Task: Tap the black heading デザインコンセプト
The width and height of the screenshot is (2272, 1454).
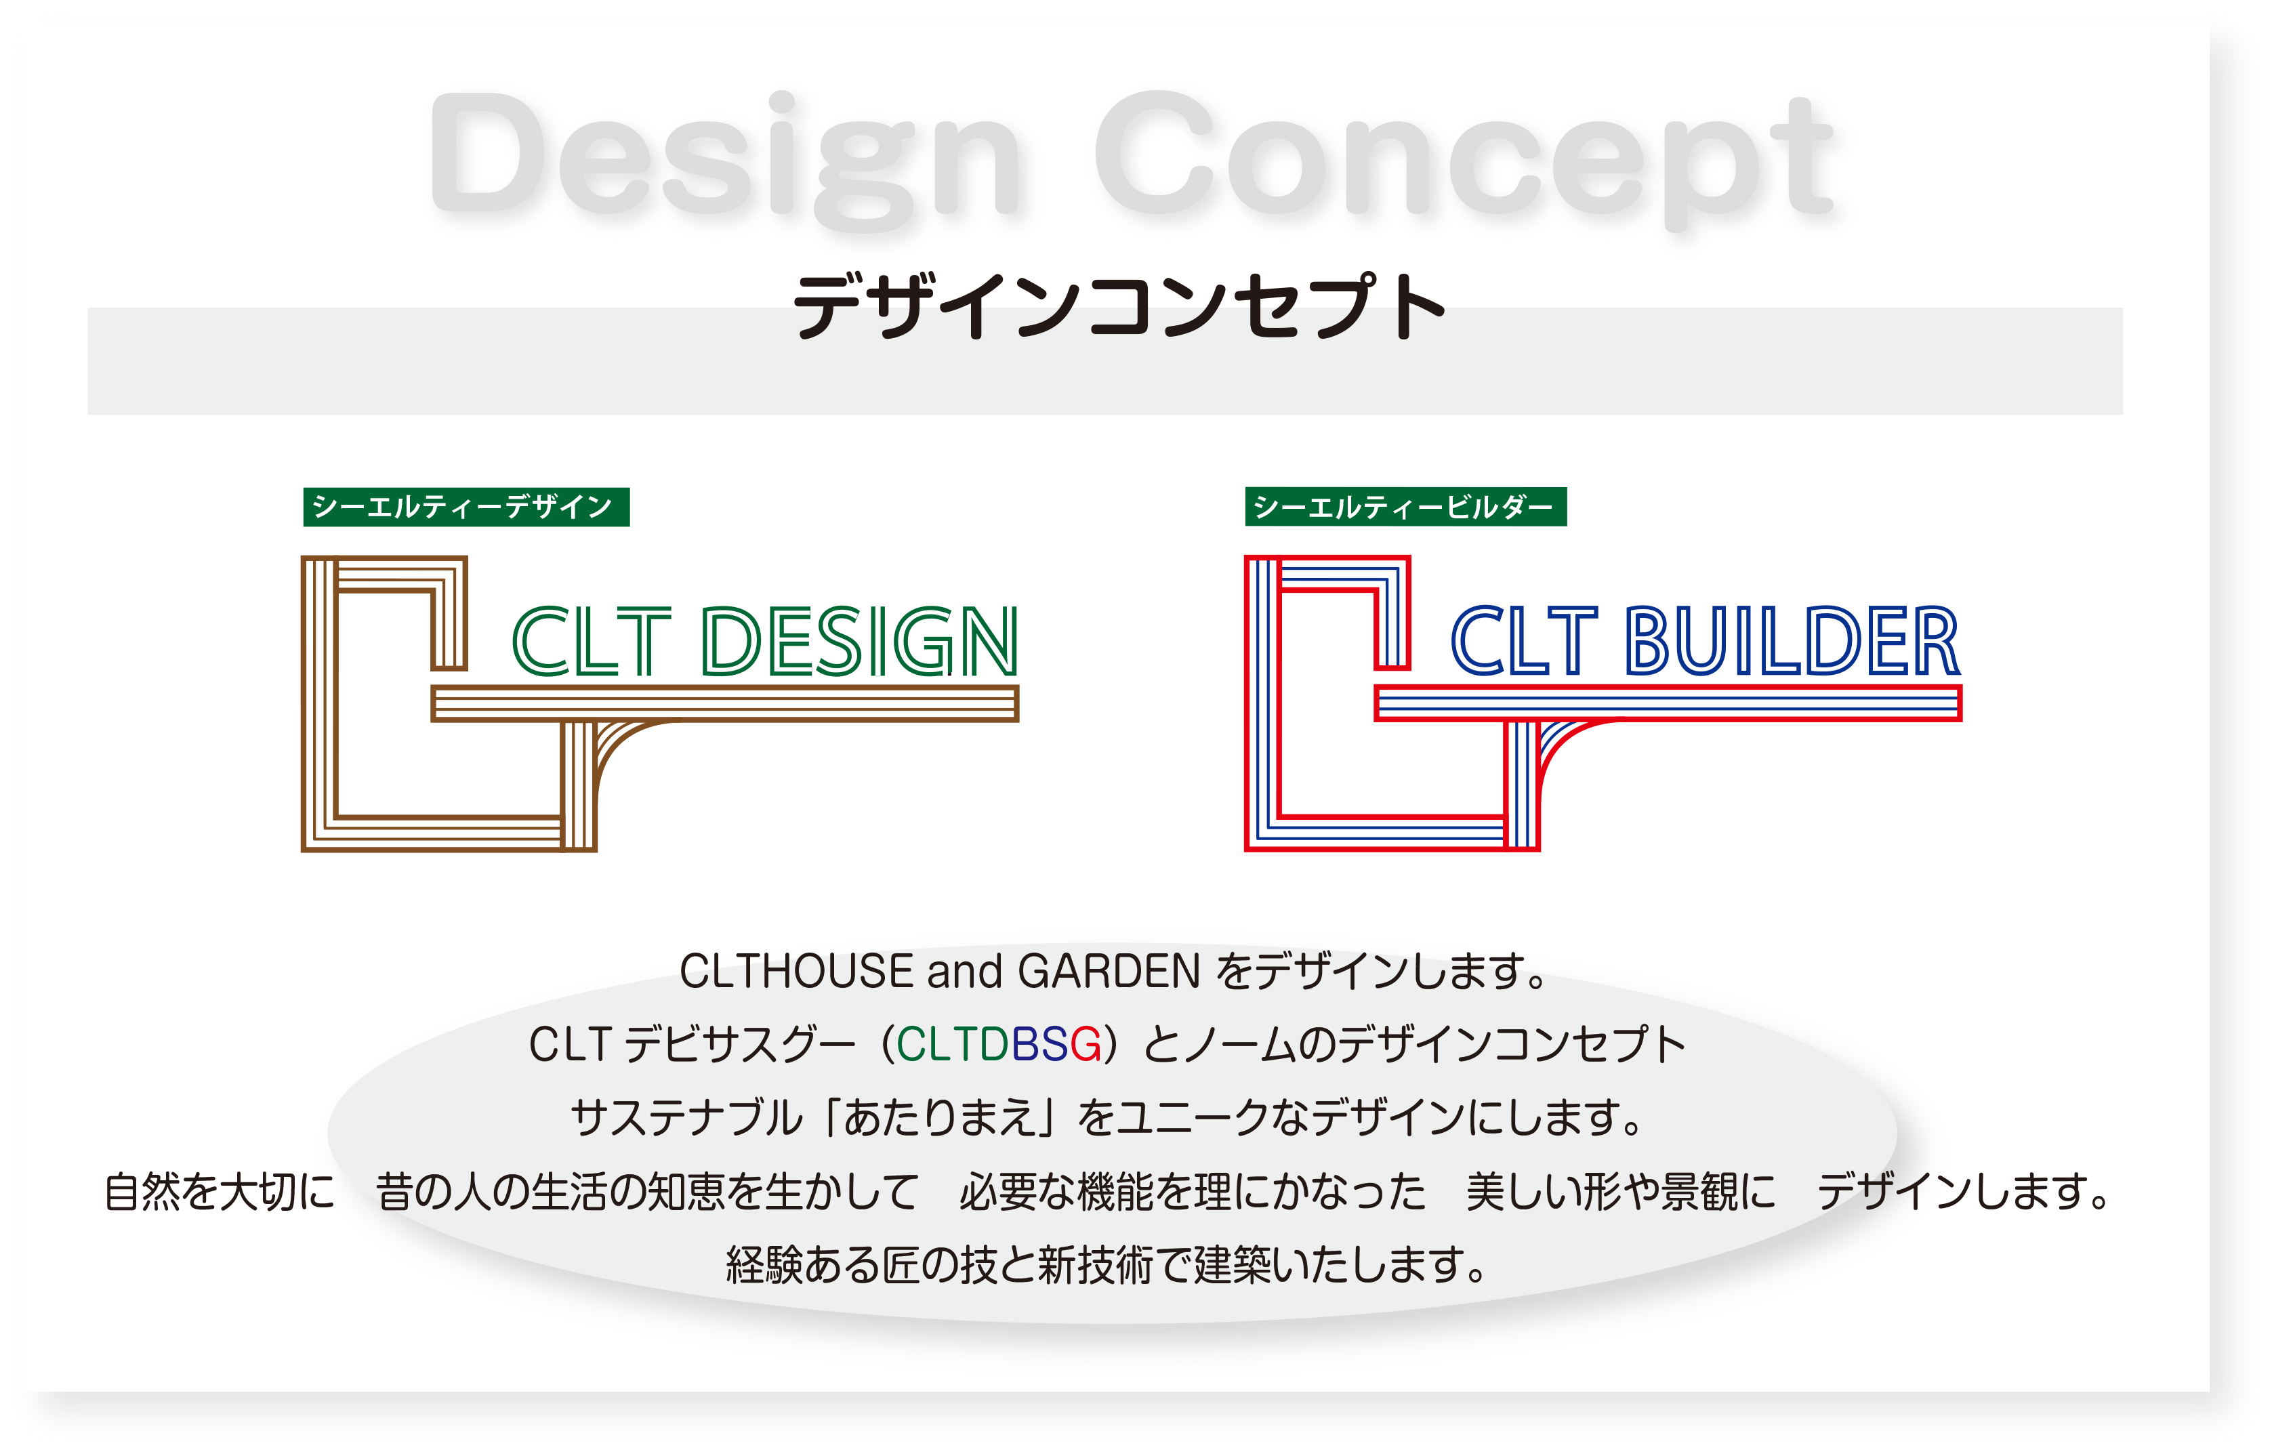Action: point(1120,306)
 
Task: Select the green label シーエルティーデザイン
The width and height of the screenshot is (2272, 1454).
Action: point(466,507)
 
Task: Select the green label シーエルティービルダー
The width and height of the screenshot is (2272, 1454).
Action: point(1406,507)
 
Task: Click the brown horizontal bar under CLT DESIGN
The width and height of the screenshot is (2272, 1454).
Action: point(725,703)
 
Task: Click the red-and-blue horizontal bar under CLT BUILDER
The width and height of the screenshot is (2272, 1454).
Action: point(1668,703)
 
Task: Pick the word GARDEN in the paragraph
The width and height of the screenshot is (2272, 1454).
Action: point(1109,972)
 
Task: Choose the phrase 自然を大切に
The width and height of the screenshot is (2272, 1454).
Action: point(219,1192)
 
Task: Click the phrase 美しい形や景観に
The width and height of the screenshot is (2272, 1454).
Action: point(1620,1192)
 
